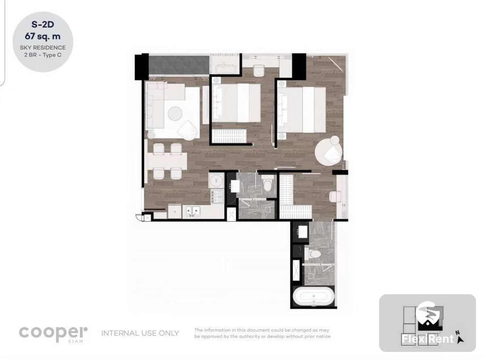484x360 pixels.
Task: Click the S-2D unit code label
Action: pos(43,25)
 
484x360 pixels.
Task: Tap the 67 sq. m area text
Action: pos(43,36)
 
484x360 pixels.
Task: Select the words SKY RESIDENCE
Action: pos(43,48)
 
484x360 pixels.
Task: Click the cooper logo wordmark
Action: pos(53,333)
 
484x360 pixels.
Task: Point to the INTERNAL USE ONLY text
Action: pos(140,333)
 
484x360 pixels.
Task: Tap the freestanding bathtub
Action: pos(314,296)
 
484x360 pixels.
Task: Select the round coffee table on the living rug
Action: pos(175,113)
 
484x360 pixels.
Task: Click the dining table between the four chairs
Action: pos(167,161)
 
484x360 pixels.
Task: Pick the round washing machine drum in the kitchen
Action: pos(216,180)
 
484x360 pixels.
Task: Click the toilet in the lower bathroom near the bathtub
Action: pos(313,254)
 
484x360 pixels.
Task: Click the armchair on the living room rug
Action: pos(188,130)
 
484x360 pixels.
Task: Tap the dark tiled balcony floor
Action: pos(179,65)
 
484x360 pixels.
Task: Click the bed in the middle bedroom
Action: pos(236,103)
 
